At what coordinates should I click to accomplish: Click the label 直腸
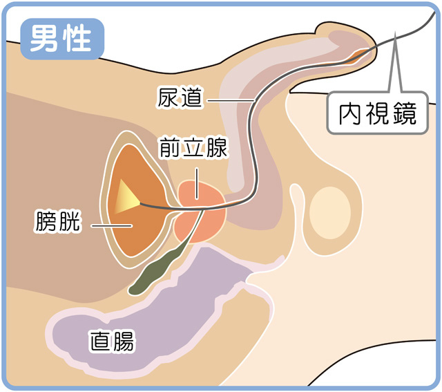tap(111, 340)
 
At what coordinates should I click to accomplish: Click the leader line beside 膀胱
tap(111, 224)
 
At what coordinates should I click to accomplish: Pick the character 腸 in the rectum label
tap(124, 340)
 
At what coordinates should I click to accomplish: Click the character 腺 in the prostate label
tap(217, 148)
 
